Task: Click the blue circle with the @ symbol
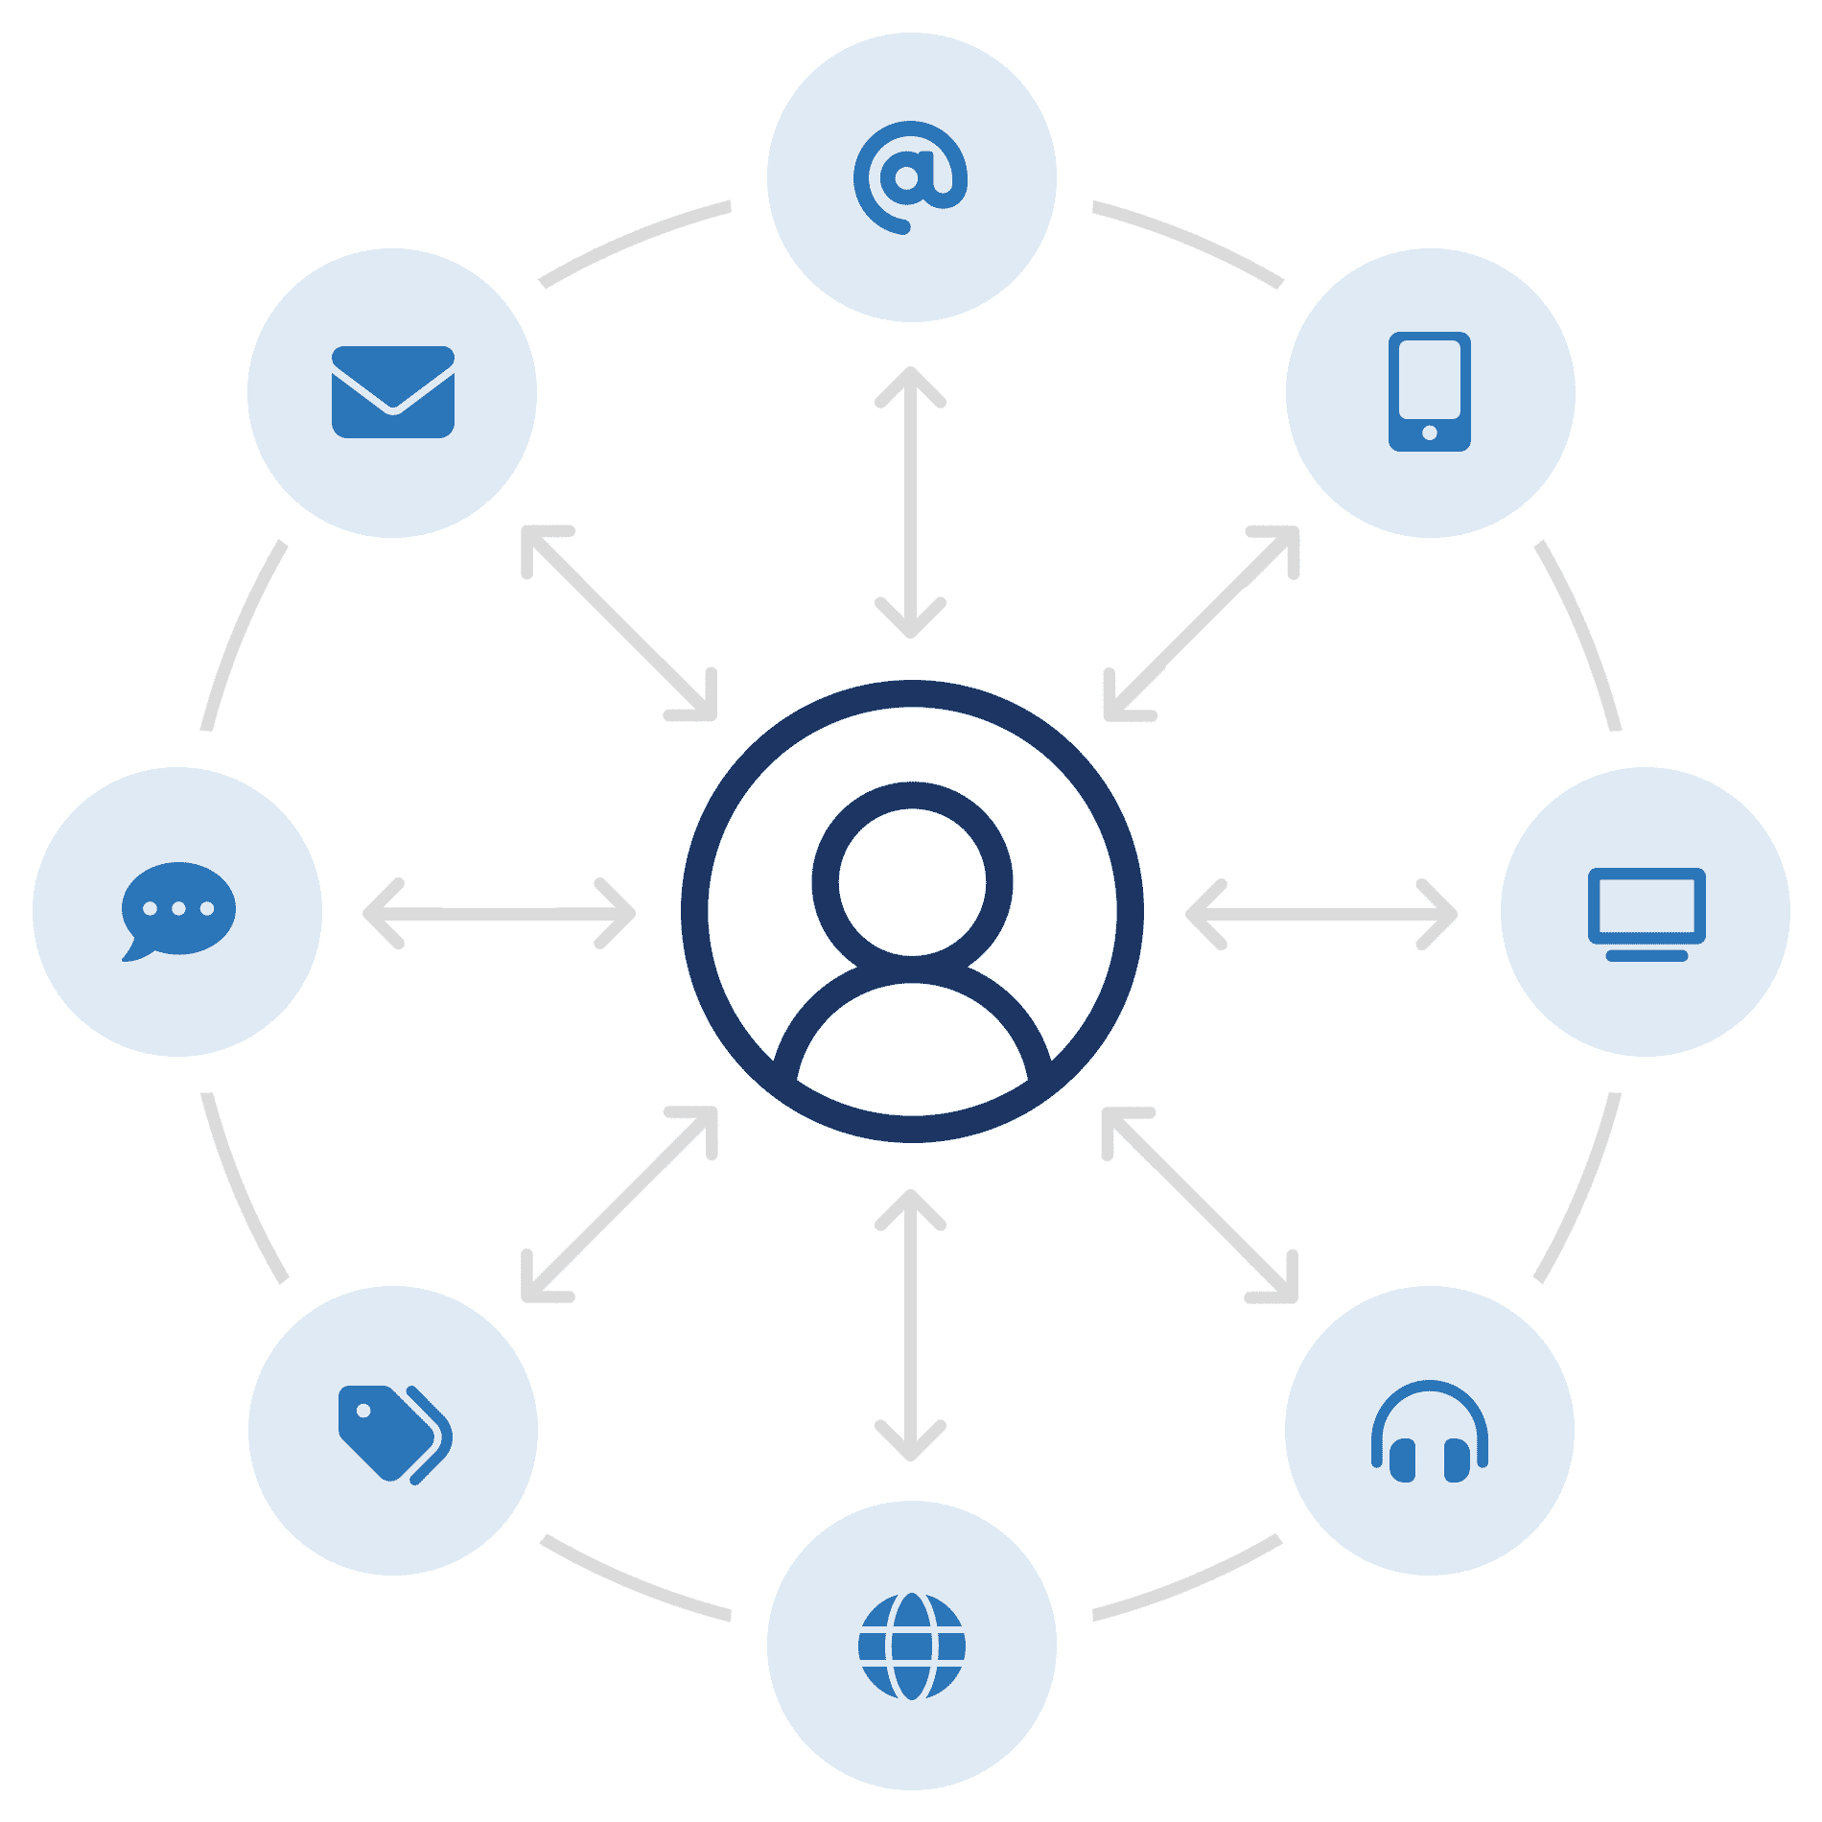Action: pyautogui.click(x=911, y=177)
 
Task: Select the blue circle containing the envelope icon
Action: pyautogui.click(x=392, y=393)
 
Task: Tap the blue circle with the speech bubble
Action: pyautogui.click(x=177, y=912)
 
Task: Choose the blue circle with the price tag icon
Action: pyautogui.click(x=393, y=1431)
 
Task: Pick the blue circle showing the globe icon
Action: pyautogui.click(x=911, y=1646)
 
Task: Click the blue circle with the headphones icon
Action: pyautogui.click(x=1430, y=1431)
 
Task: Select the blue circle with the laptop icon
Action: pyautogui.click(x=1646, y=912)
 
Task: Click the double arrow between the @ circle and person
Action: pyautogui.click(x=911, y=502)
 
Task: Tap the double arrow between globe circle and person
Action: pyautogui.click(x=911, y=1324)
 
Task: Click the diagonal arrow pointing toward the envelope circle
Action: pyautogui.click(x=619, y=623)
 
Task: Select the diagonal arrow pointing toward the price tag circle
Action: pyautogui.click(x=619, y=1205)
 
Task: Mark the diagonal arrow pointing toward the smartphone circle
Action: pyautogui.click(x=1202, y=623)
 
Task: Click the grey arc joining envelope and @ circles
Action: pyautogui.click(x=633, y=240)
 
